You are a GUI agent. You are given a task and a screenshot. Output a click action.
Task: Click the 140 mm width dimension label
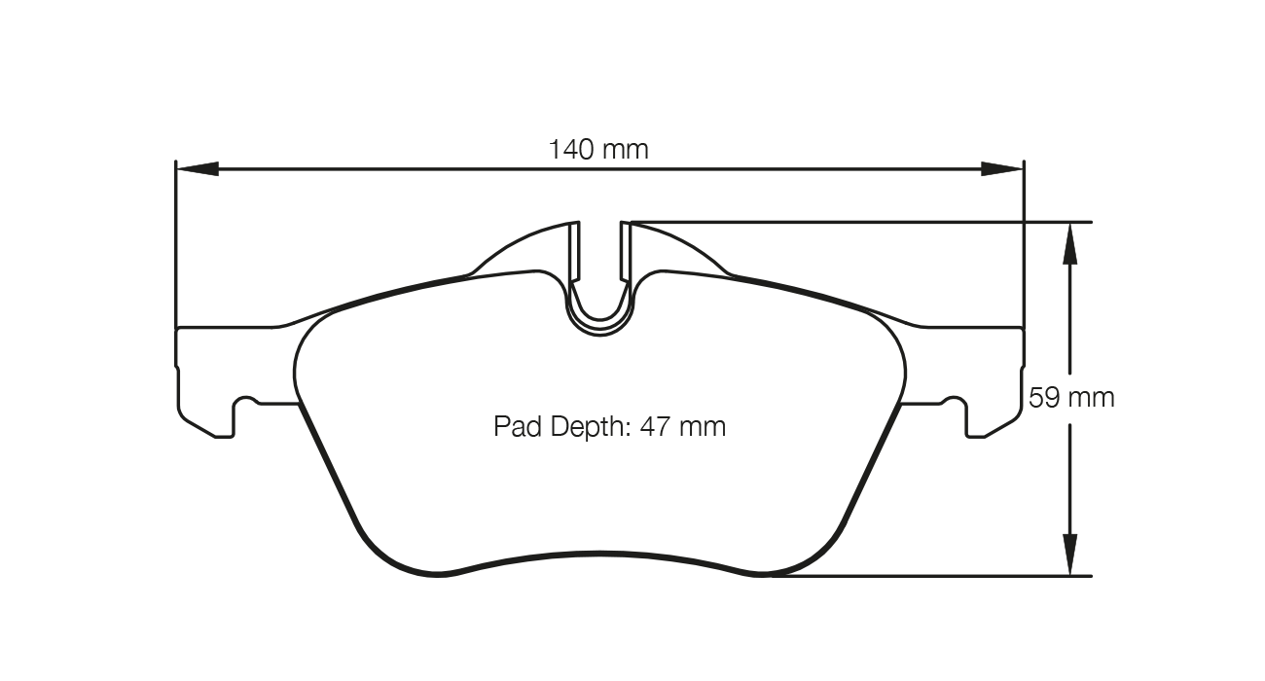tap(598, 150)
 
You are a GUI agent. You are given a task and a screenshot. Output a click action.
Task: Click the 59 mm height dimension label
tap(1071, 398)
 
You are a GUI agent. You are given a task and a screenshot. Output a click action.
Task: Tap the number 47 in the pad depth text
tap(654, 427)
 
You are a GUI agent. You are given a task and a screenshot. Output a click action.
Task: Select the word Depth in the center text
tap(582, 427)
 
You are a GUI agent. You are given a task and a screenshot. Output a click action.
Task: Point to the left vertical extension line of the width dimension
tap(175, 243)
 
